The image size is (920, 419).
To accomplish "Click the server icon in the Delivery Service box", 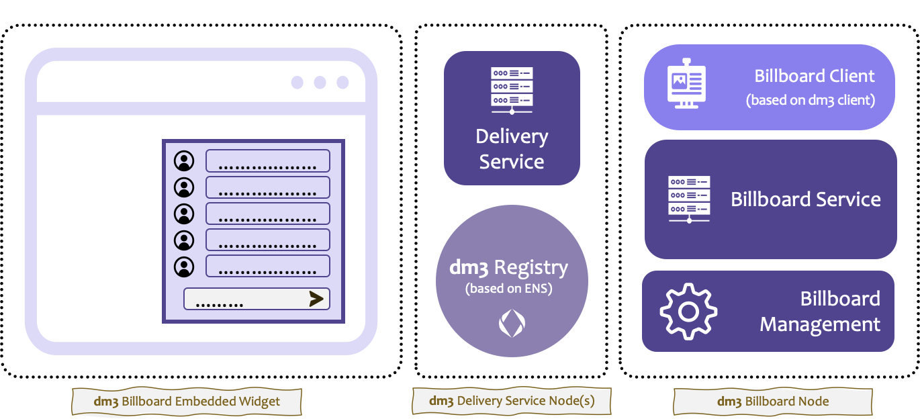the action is tap(512, 91).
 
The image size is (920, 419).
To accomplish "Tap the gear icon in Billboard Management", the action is tap(688, 312).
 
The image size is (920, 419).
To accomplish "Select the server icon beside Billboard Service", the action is tap(689, 199).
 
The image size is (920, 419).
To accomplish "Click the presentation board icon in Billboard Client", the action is tap(686, 83).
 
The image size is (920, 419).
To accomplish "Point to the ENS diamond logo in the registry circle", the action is tap(512, 323).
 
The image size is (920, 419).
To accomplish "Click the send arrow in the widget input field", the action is tap(316, 299).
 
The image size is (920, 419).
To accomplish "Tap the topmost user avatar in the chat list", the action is tap(184, 160).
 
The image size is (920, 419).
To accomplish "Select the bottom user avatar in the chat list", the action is tap(184, 267).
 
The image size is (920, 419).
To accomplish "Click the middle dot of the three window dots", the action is tap(320, 82).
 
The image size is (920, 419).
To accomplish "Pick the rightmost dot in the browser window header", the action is tap(342, 82).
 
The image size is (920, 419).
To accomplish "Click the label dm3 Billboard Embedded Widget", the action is tap(187, 402).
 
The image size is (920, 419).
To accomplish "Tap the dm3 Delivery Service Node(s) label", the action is tap(512, 400).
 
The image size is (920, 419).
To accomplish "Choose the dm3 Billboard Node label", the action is tap(773, 402).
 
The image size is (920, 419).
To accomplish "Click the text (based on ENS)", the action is tap(509, 288).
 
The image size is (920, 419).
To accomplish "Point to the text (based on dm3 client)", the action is tap(811, 100).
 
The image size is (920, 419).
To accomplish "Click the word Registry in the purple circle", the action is tap(531, 268).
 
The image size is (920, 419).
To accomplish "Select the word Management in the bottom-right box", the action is tap(820, 324).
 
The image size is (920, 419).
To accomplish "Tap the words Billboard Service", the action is tap(805, 199).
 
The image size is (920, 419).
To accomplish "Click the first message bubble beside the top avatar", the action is tap(268, 160).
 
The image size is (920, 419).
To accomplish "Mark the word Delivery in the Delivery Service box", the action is tap(512, 137).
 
